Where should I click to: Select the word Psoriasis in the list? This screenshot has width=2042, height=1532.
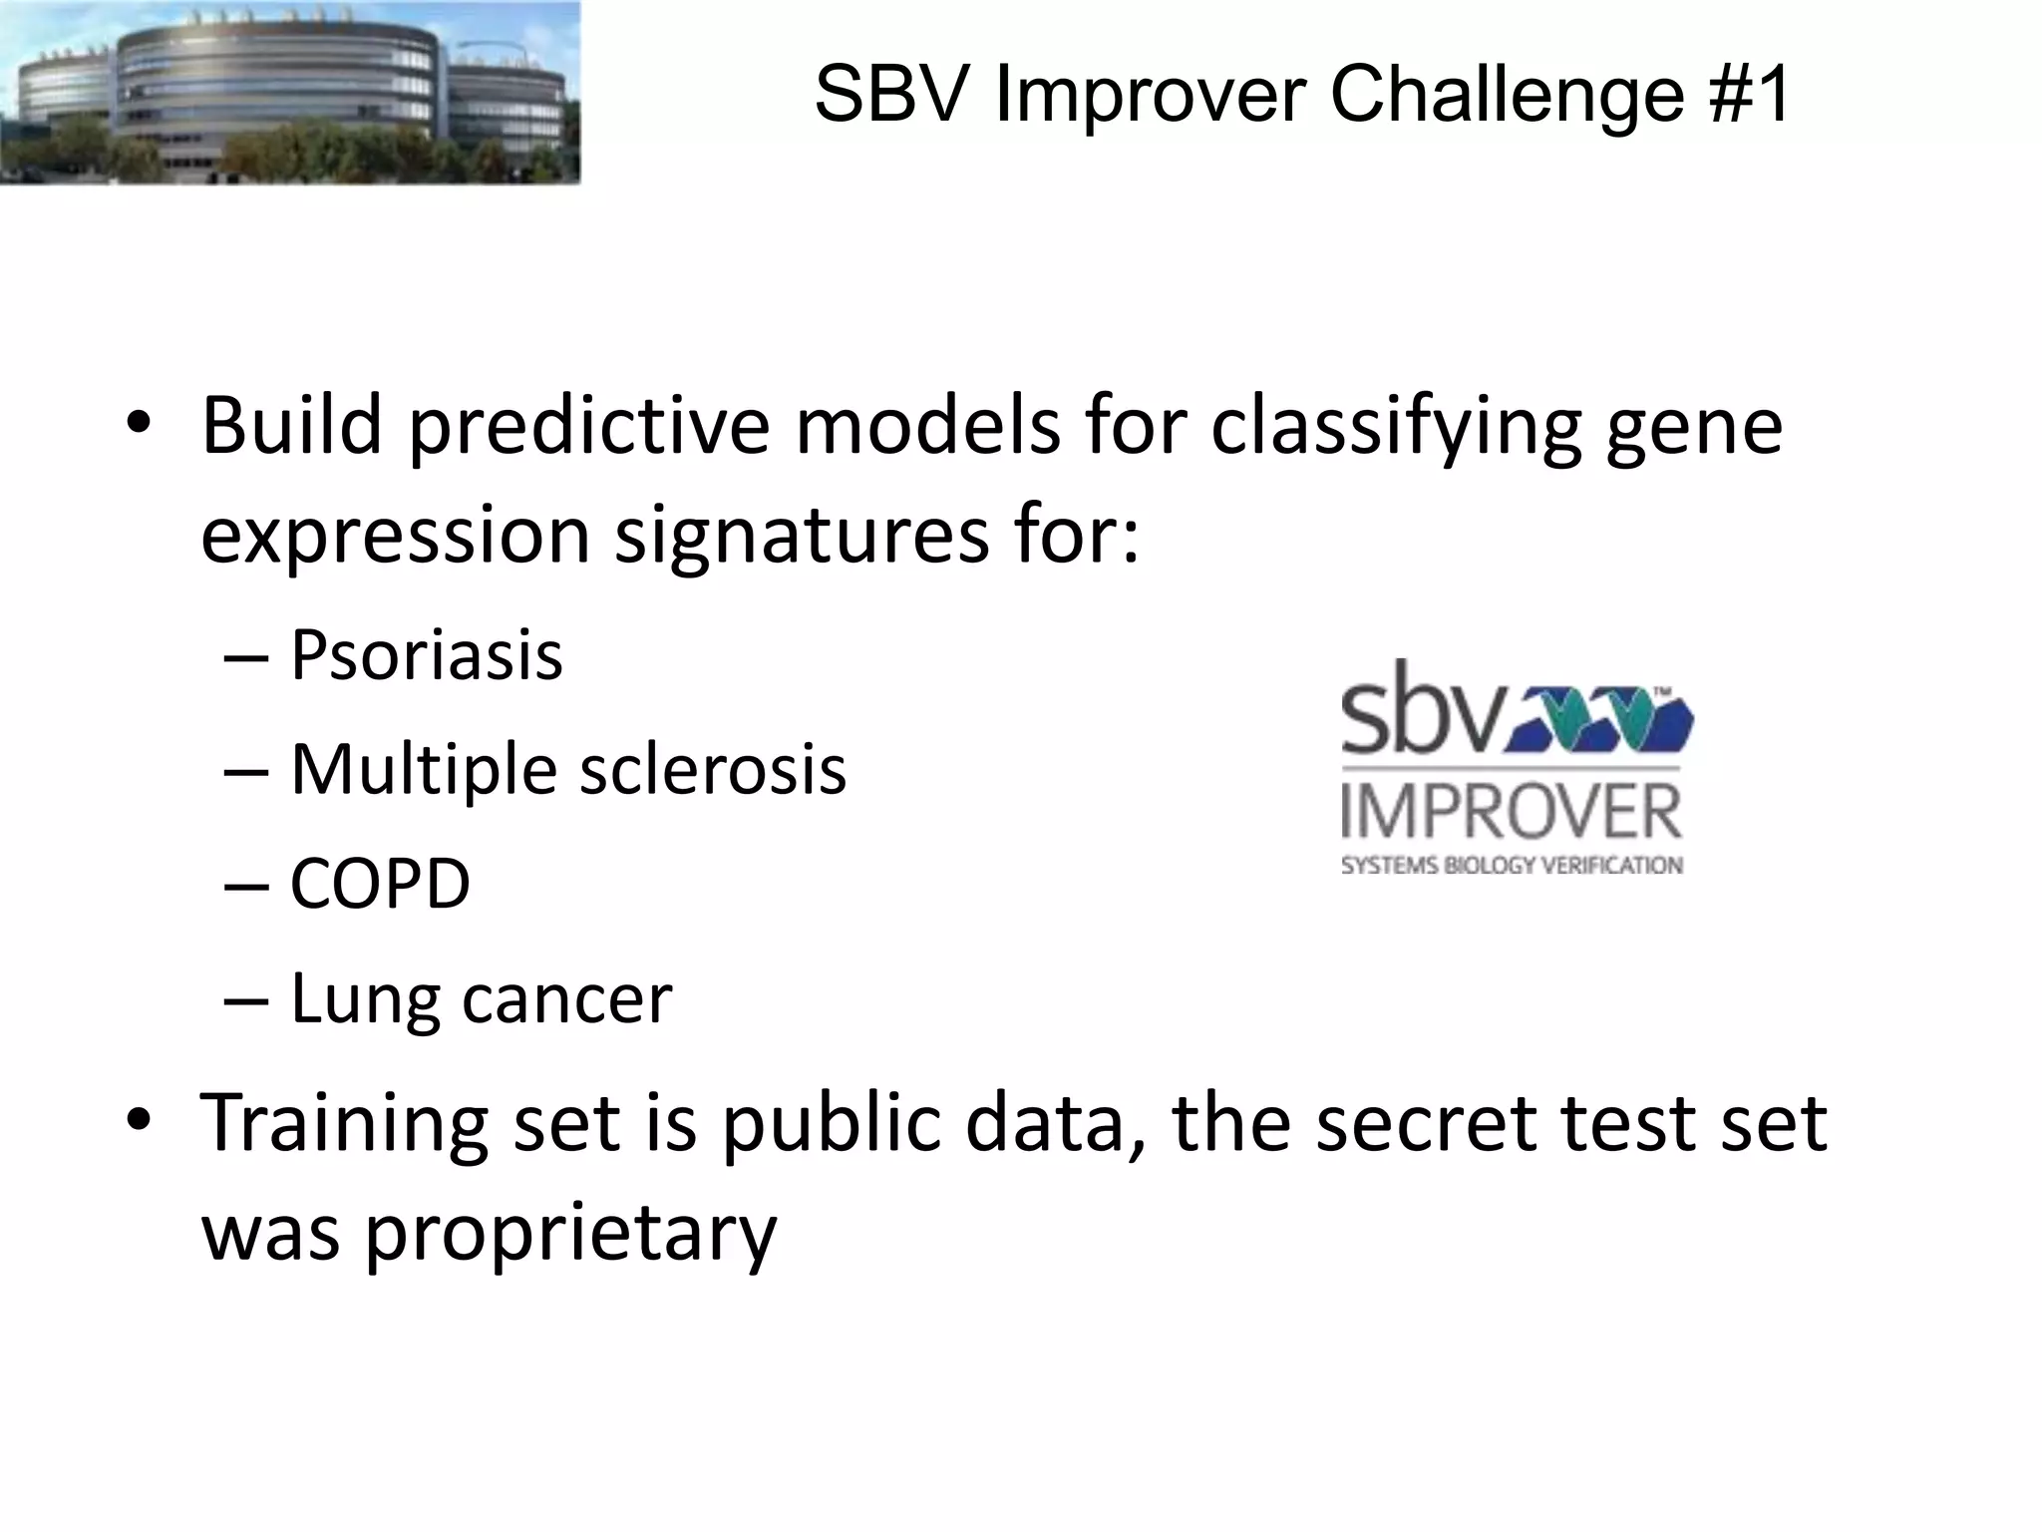pos(426,655)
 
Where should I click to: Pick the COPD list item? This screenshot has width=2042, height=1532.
pos(379,884)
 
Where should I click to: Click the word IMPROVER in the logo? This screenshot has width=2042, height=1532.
pos(1512,813)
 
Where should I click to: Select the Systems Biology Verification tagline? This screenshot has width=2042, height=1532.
pos(1512,866)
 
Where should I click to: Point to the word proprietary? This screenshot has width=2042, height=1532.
pos(570,1233)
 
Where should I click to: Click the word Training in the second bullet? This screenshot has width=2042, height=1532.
pos(344,1123)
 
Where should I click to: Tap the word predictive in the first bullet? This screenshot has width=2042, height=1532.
pos(589,427)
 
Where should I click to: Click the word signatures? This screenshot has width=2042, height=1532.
pos(802,535)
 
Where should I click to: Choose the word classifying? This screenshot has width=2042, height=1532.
pos(1396,427)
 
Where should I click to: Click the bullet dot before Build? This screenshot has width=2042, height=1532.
pos(139,425)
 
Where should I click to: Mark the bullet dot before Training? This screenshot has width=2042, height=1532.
pos(139,1121)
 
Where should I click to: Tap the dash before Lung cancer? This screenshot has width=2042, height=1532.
pos(246,999)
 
